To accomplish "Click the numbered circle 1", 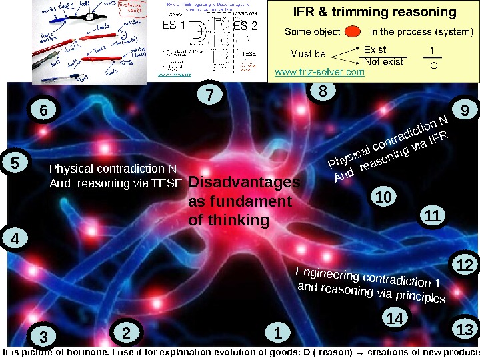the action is point(278,331).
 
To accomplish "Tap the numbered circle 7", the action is point(210,96).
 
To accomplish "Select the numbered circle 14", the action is point(396,319).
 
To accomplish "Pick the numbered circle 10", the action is point(383,197).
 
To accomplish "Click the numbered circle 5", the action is point(15,163).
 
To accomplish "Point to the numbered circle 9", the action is point(465,109).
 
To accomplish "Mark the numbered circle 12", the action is point(465,265).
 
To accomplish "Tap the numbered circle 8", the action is point(323,92).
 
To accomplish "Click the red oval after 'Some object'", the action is point(355,31).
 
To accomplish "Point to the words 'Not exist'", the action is point(383,62).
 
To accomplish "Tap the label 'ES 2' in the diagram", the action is point(245,26).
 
